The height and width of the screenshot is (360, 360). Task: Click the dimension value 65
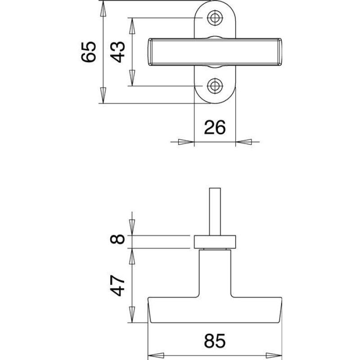pos(89,51)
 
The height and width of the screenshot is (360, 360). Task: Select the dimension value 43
pos(118,51)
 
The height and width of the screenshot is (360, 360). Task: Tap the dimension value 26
pos(215,128)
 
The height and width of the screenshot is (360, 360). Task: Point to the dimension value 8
pos(118,240)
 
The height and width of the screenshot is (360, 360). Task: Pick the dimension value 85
pos(215,341)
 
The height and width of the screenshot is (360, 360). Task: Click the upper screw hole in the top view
pos(215,18)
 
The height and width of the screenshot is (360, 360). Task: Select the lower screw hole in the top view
pos(215,85)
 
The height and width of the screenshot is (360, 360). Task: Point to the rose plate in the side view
pos(215,241)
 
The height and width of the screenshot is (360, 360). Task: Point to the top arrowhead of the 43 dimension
pos(132,26)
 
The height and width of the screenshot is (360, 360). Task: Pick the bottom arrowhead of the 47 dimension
pos(132,315)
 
